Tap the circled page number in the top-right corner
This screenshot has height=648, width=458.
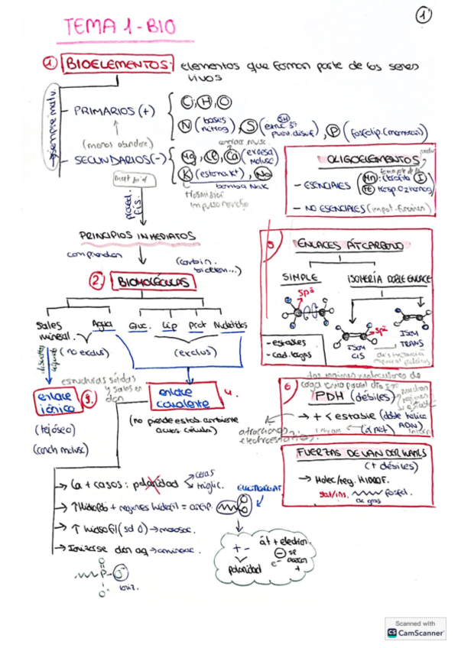click(424, 15)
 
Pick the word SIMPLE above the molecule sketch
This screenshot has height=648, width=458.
click(300, 276)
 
